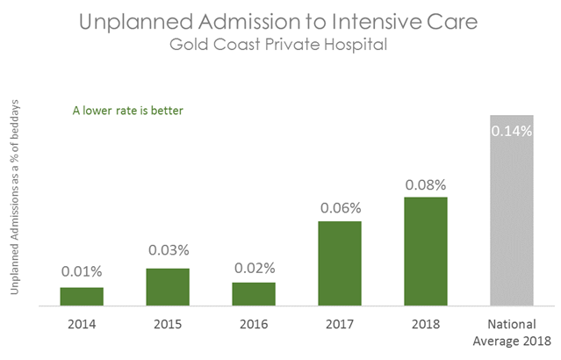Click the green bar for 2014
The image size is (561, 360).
point(82,297)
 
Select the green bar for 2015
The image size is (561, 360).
point(168,287)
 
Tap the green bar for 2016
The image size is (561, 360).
point(254,294)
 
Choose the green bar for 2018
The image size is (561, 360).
point(426,251)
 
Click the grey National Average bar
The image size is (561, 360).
point(511,211)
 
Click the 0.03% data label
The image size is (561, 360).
point(168,249)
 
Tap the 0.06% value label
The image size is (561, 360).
point(340,207)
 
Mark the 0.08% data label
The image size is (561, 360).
point(426,185)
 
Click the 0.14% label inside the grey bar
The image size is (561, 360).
point(511,132)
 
